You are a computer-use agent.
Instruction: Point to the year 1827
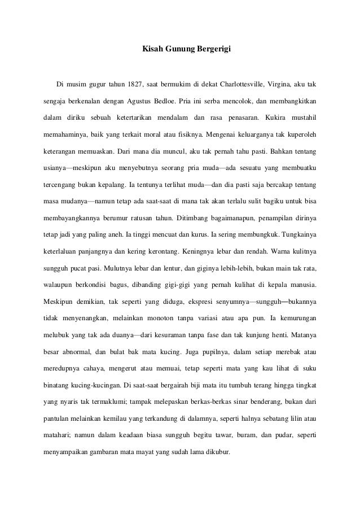(x=135, y=85)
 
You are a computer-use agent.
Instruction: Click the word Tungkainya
(x=297, y=234)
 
